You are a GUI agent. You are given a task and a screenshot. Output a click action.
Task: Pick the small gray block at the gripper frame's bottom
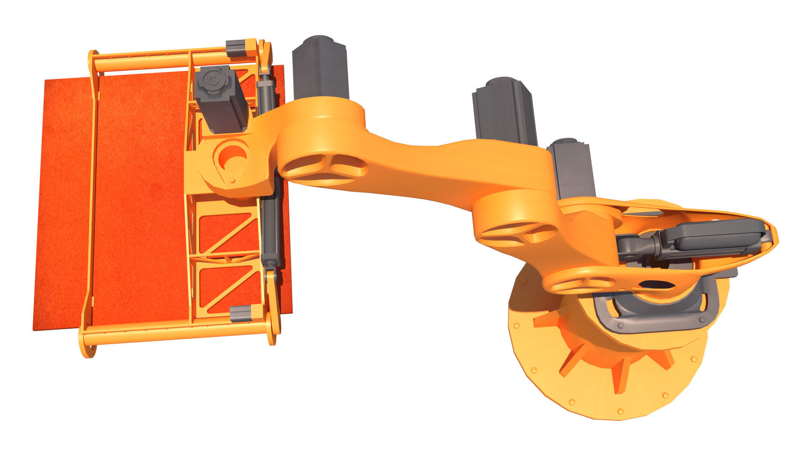pyautogui.click(x=241, y=313)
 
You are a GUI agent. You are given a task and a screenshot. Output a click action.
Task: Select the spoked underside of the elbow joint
pyautogui.click(x=324, y=168)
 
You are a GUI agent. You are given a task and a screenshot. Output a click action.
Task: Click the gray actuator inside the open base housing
pyautogui.click(x=706, y=238)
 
